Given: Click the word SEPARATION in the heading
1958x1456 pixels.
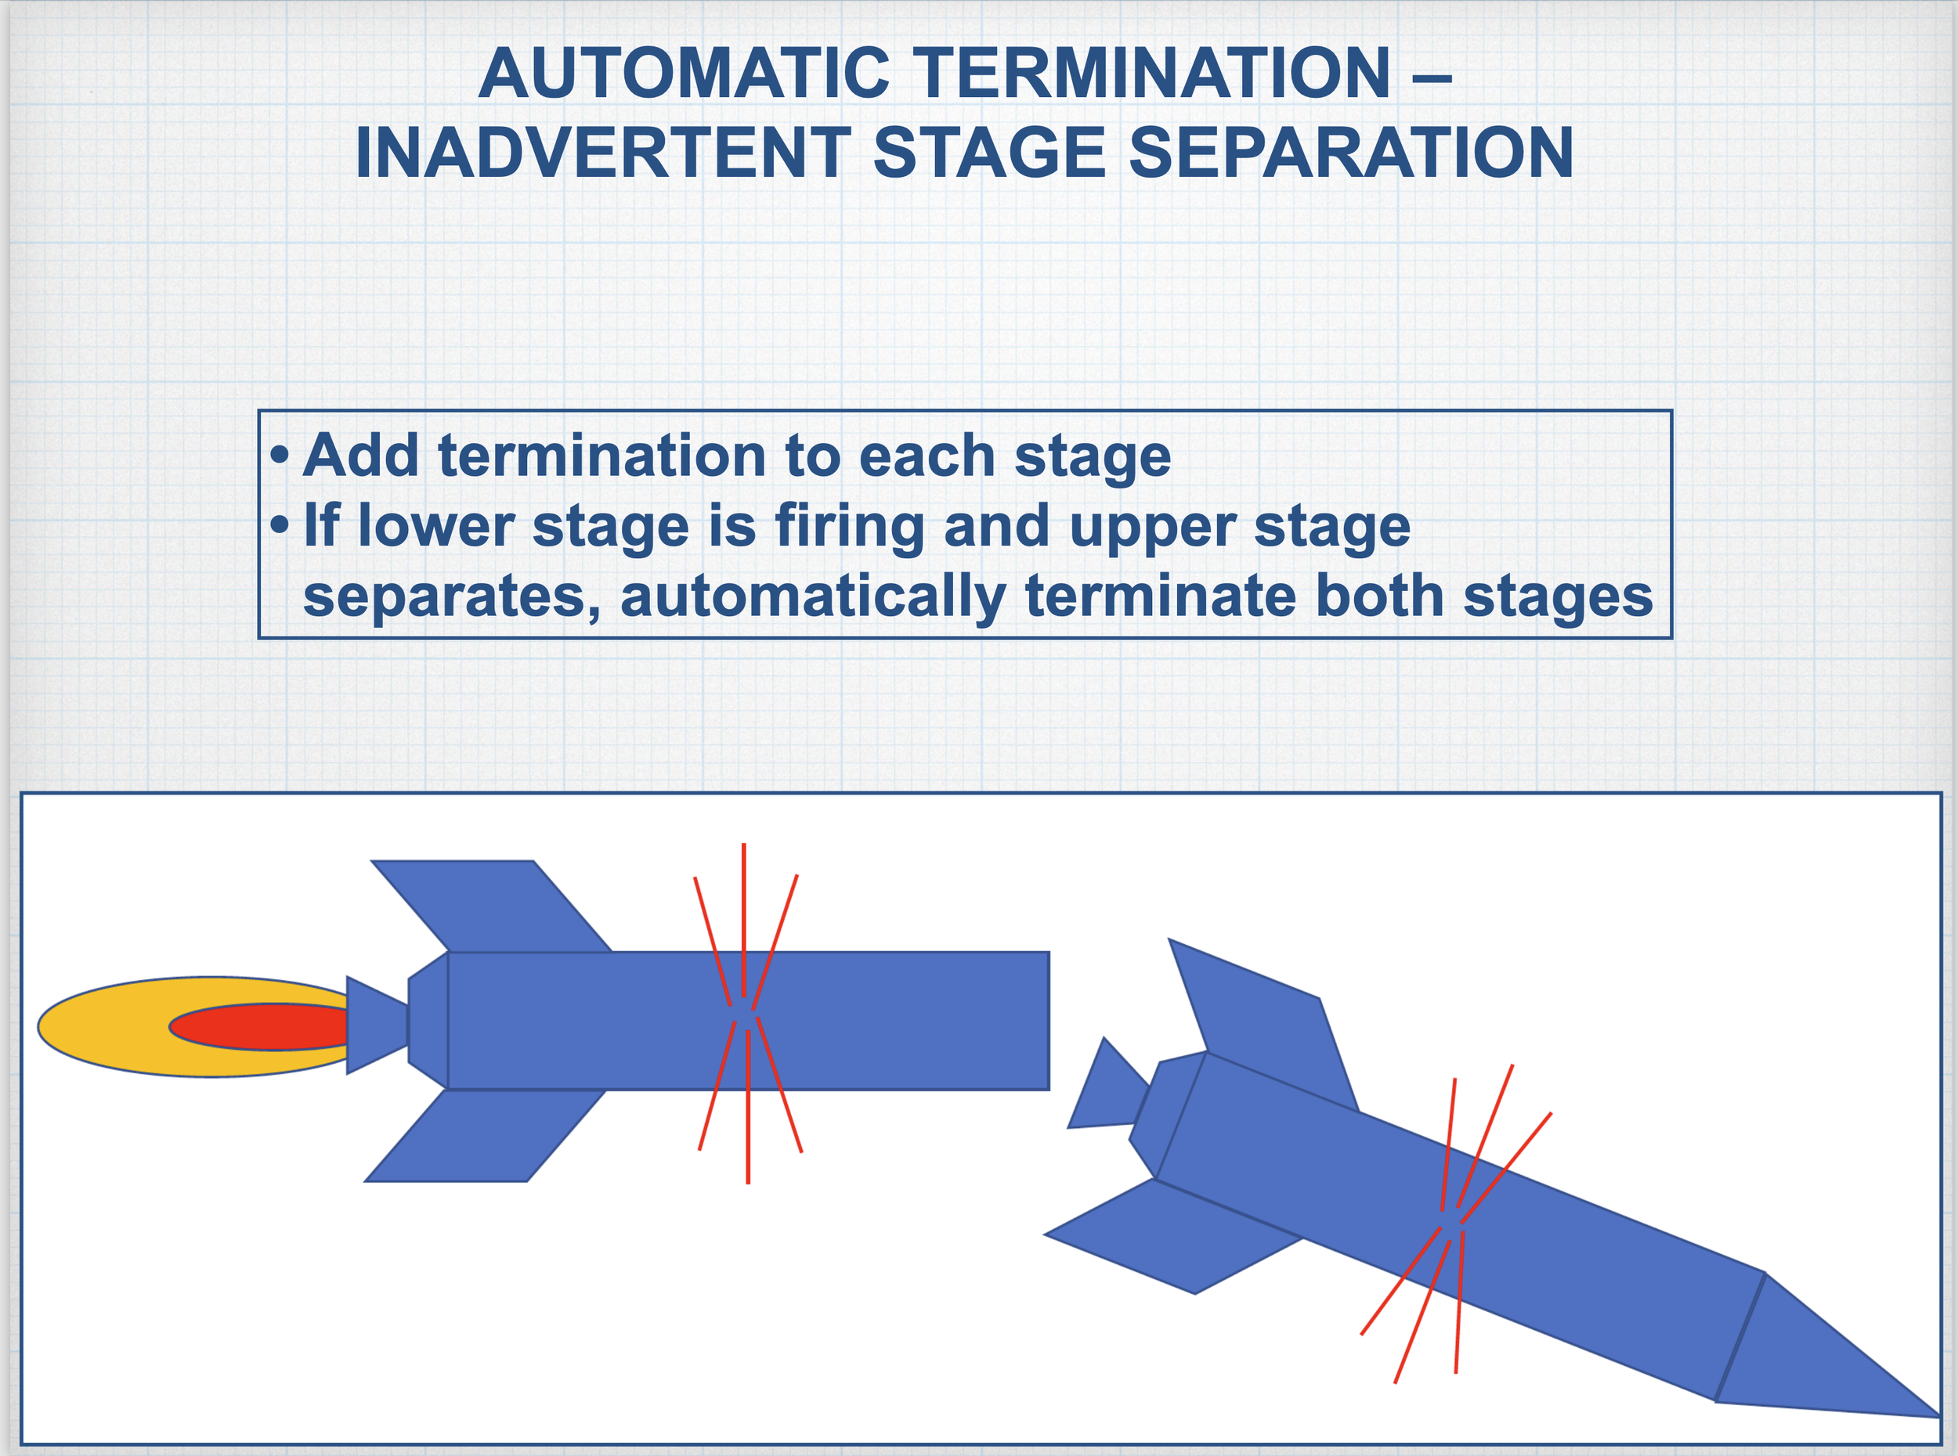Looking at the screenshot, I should click(x=1350, y=153).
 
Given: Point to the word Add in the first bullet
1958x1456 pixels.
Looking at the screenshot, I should click(x=360, y=456).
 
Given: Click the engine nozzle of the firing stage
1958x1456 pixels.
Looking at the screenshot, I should click(x=374, y=1025).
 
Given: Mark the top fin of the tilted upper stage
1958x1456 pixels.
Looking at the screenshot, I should click(x=1265, y=1022).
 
